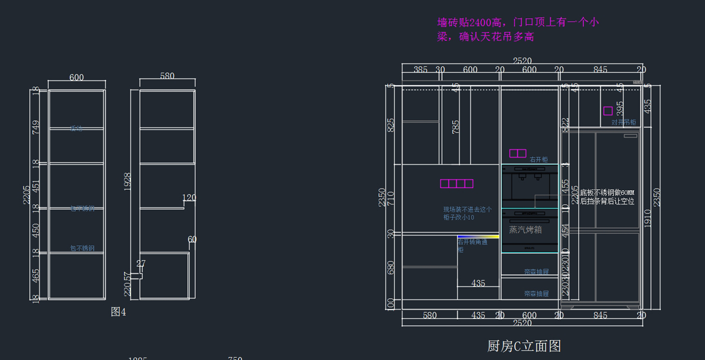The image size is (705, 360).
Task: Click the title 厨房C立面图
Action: (x=524, y=346)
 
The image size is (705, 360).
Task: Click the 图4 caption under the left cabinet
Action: (x=119, y=312)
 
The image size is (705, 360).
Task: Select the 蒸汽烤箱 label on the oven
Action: (x=525, y=230)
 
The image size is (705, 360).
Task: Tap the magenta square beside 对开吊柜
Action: (x=607, y=110)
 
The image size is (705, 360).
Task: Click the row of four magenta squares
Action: (x=456, y=184)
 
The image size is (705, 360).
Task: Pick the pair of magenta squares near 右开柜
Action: (x=518, y=153)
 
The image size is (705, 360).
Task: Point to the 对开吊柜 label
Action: (x=623, y=123)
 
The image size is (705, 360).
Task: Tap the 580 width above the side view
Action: (x=167, y=76)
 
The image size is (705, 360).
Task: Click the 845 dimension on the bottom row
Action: (x=600, y=315)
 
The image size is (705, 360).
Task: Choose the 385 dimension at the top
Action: (x=421, y=70)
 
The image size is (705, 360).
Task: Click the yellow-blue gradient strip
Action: (x=478, y=236)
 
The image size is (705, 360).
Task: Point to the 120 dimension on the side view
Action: (x=189, y=198)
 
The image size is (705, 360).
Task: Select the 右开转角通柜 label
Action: (x=472, y=245)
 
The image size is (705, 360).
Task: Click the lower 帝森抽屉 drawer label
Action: (x=536, y=293)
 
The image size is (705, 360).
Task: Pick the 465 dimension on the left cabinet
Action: (x=36, y=277)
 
